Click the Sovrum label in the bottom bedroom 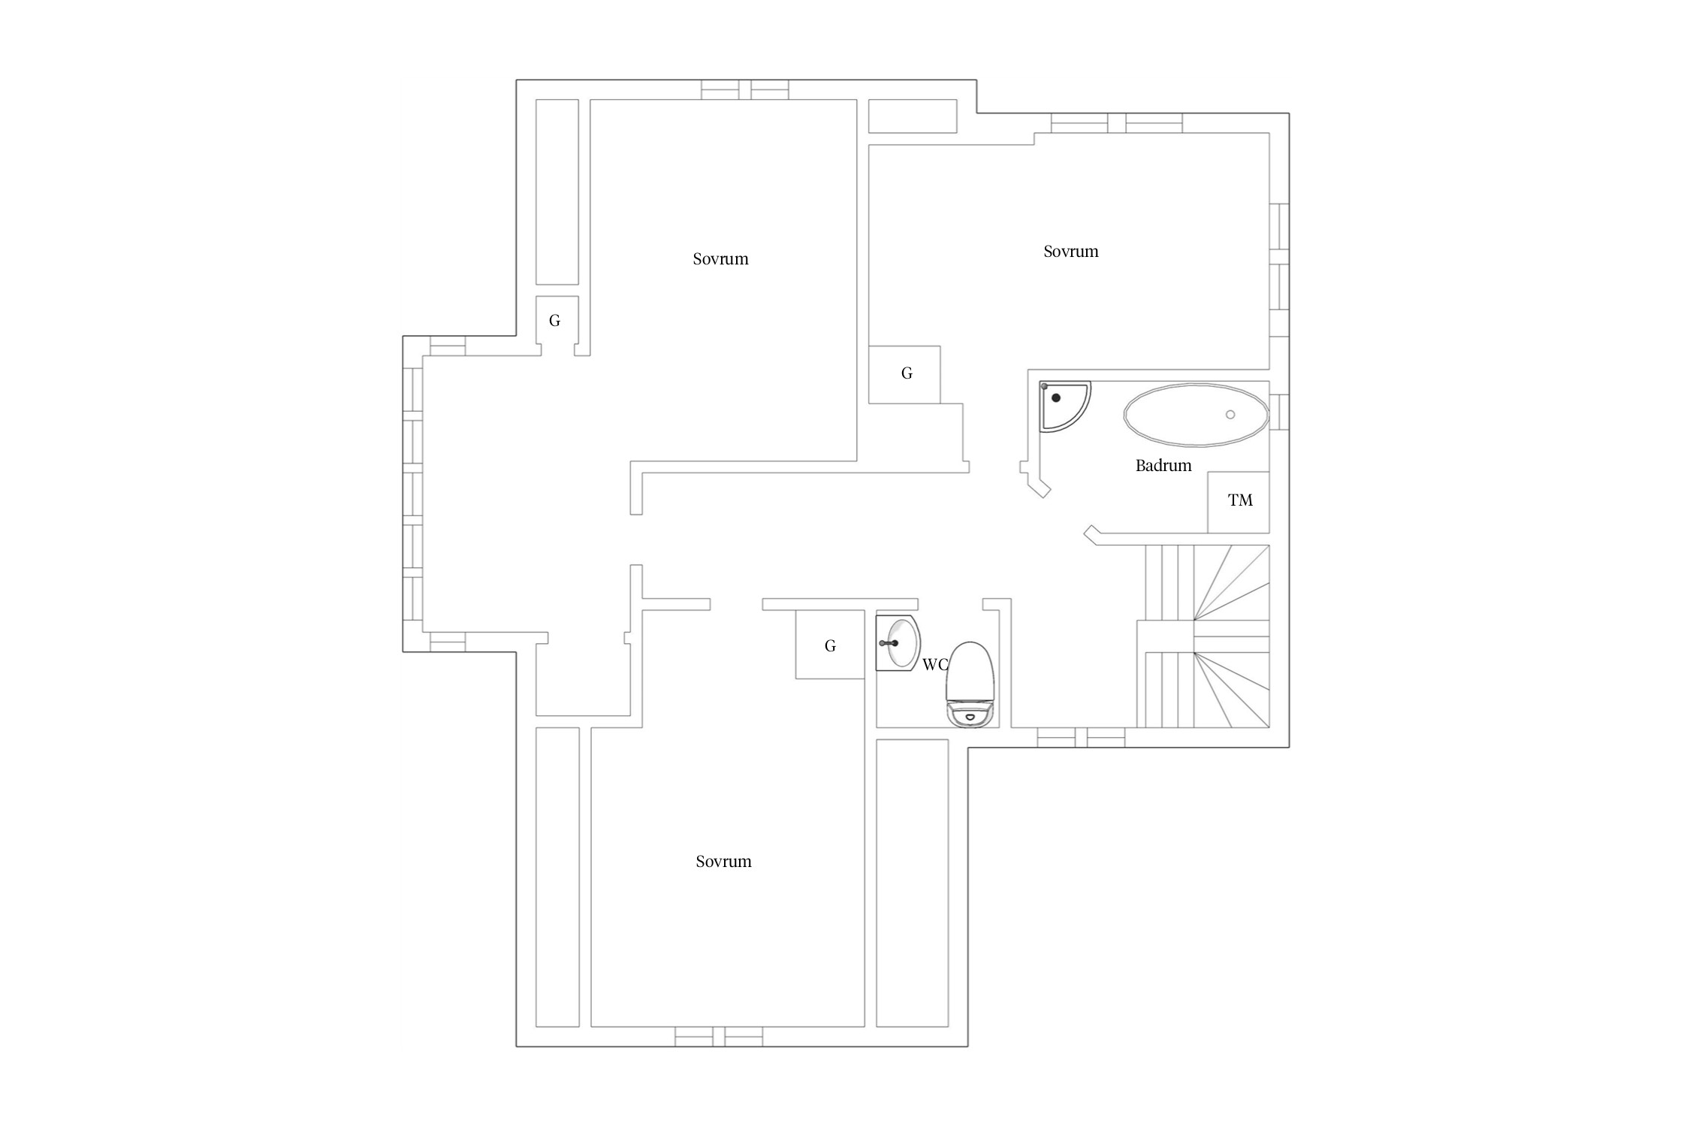[x=723, y=862]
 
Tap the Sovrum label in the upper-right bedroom [x=1071, y=252]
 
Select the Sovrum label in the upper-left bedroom [x=720, y=259]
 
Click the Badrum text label [x=1163, y=466]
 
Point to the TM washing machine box [x=1239, y=502]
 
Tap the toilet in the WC [x=970, y=684]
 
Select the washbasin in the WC [x=898, y=642]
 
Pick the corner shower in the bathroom [x=1064, y=406]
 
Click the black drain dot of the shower [x=1056, y=397]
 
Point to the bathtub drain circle [x=1230, y=415]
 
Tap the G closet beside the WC [x=830, y=645]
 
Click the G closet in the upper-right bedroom [x=904, y=374]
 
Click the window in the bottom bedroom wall [x=719, y=1037]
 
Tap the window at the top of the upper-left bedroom [x=745, y=90]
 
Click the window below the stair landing [x=1082, y=738]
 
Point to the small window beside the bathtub [x=1279, y=412]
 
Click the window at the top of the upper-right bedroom [x=1116, y=123]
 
